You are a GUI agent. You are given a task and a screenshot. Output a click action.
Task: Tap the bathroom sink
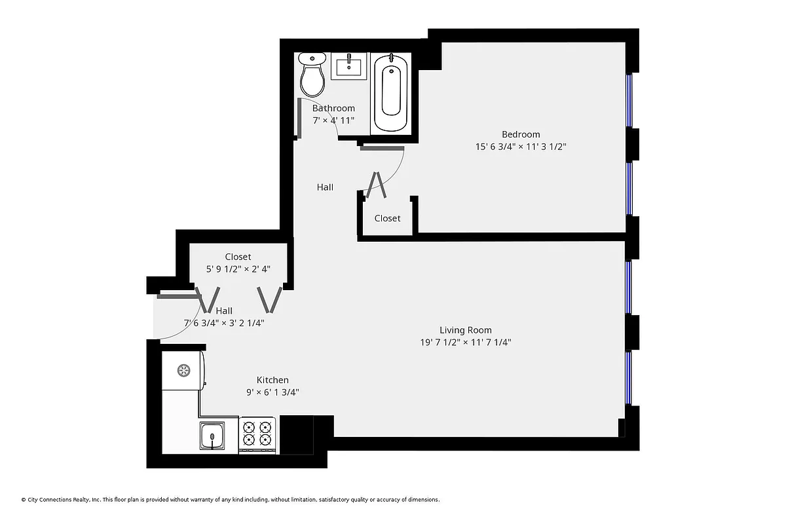coord(349,66)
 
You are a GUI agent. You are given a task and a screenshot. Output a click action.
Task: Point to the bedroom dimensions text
coord(521,147)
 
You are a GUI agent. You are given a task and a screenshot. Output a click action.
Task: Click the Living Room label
coord(465,330)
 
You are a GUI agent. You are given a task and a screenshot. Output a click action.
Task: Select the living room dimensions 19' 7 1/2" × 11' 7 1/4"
coord(465,342)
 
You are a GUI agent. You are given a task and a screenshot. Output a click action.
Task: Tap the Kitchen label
coord(272,380)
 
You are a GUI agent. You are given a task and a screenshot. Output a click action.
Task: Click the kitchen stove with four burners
coord(257,434)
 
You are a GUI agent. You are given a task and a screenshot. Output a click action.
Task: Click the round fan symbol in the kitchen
coord(183,370)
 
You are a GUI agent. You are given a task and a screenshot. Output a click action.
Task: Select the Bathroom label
coord(333,108)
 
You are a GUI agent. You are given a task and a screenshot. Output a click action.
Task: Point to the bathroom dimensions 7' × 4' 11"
coord(333,121)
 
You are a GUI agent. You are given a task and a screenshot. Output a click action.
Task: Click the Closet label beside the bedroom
coord(387,218)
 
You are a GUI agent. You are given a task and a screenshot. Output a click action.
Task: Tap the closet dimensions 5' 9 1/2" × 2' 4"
coord(238,269)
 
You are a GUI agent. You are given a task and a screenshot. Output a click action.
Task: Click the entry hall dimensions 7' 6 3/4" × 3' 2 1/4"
coord(225,322)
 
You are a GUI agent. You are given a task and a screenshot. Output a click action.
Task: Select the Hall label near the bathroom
coord(325,187)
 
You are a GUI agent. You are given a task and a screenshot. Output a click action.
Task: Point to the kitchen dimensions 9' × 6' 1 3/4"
coord(272,392)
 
